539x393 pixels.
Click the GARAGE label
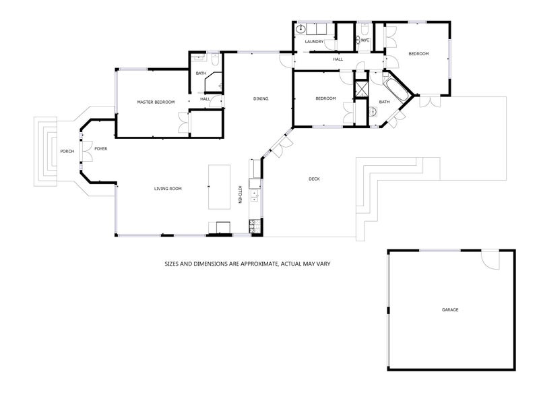point(449,310)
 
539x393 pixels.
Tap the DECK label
point(314,179)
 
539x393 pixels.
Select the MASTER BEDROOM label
point(156,102)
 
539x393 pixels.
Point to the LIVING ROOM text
point(168,189)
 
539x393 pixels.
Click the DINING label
point(261,98)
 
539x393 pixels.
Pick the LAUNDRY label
point(314,42)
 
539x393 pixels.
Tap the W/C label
point(364,40)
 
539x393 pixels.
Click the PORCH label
point(67,151)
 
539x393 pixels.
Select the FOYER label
point(100,149)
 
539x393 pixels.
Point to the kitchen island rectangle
point(220,187)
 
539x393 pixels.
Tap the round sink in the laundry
point(300,29)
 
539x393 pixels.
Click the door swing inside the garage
point(490,260)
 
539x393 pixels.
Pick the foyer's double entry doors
point(87,151)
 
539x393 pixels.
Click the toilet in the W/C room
point(364,28)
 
